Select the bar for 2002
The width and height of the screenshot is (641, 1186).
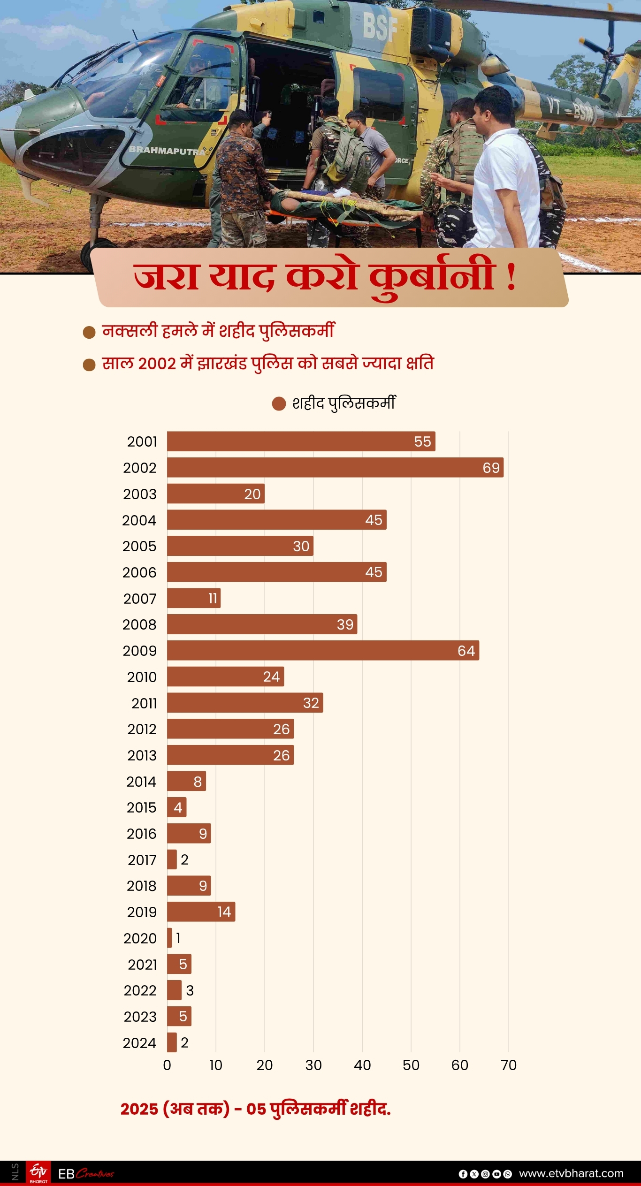coord(335,467)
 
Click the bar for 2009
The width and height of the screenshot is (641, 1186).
coord(323,650)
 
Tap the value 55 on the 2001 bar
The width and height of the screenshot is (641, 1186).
coord(422,441)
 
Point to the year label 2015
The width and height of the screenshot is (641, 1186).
coord(141,807)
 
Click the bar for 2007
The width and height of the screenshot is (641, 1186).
coord(193,598)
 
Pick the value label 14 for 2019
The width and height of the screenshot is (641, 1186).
coord(224,912)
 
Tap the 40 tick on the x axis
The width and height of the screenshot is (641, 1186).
coord(362,1065)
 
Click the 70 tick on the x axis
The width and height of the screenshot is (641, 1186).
coord(508,1065)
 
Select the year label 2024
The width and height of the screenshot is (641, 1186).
coord(139,1042)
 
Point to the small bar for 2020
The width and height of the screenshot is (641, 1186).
coord(169,938)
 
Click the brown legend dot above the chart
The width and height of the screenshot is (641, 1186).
coord(279,403)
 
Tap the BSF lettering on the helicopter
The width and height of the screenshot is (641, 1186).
coord(380,27)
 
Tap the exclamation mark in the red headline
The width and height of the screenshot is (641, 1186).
coord(511,277)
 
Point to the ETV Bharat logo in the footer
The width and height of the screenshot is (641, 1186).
coord(38,1173)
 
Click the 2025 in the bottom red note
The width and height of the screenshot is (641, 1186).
coord(139,1109)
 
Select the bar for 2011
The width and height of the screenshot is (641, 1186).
coord(245,703)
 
